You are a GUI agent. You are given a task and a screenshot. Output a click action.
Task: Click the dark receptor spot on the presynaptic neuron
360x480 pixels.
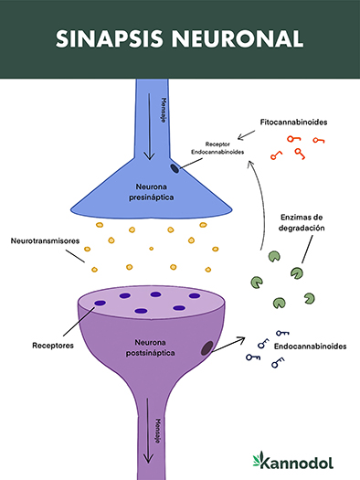pos(175,167)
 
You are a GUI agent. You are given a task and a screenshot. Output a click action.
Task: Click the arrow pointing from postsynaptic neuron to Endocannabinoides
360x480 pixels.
pos(233,343)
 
